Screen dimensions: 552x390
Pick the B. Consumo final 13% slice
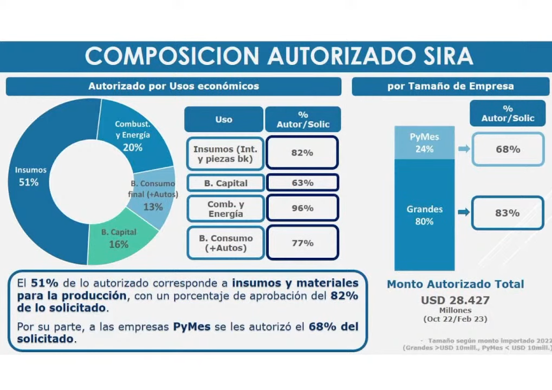155,197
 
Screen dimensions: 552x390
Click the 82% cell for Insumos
302,153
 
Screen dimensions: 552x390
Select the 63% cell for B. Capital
302,183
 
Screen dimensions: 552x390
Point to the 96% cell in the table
302,208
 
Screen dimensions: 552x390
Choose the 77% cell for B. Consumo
302,243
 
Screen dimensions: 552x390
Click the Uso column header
224,119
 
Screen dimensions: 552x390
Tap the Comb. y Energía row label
226,209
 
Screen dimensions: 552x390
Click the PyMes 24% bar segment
425,142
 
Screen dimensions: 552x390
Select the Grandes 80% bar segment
425,214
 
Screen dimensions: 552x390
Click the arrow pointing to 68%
464,149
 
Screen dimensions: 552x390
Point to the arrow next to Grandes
464,212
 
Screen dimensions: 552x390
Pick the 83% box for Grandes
508,213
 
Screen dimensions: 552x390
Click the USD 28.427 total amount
455,300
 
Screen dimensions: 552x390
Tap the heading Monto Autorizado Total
455,284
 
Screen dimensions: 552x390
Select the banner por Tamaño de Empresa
451,86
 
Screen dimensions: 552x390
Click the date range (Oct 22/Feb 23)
455,319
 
